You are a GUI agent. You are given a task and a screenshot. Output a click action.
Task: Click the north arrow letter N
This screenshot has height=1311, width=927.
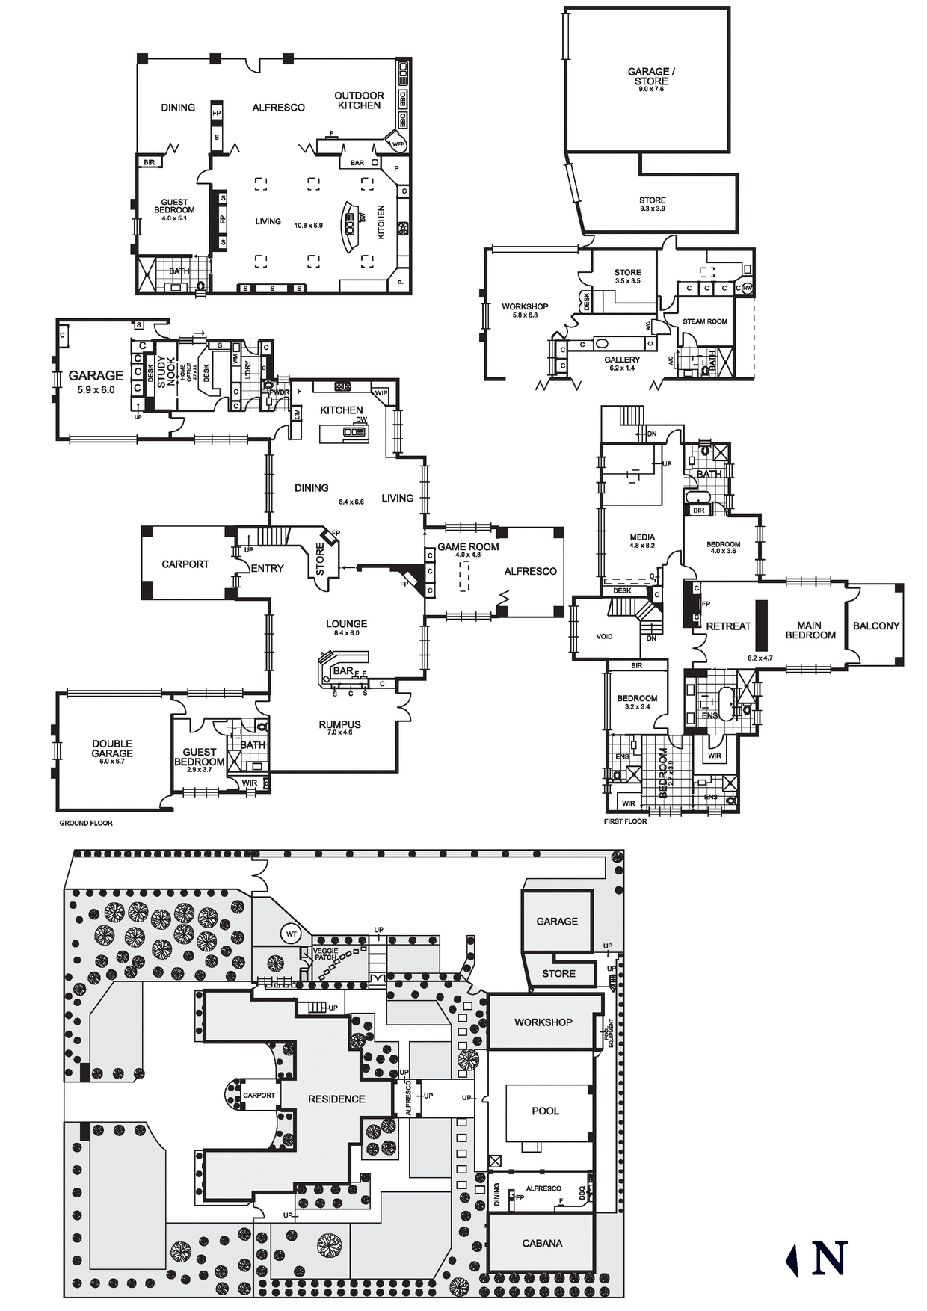click(829, 1258)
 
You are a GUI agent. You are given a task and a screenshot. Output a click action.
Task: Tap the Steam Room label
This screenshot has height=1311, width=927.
click(704, 321)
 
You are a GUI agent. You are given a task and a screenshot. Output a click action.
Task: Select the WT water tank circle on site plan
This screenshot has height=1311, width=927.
click(292, 934)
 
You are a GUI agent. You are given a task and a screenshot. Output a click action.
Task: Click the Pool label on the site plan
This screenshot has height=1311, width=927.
click(545, 1111)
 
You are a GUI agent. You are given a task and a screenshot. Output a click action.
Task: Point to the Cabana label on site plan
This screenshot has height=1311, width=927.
click(542, 1243)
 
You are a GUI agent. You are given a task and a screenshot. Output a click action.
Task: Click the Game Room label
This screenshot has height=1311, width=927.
click(468, 546)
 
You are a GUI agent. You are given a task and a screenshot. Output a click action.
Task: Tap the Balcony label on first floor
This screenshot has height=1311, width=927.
click(875, 626)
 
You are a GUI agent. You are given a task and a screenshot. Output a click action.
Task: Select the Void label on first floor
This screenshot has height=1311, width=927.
click(604, 636)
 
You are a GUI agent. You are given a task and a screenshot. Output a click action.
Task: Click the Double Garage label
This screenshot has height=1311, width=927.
click(112, 748)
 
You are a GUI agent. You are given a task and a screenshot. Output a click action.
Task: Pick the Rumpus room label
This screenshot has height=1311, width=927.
click(339, 724)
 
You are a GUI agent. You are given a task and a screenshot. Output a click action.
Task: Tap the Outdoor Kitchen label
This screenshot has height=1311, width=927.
click(359, 100)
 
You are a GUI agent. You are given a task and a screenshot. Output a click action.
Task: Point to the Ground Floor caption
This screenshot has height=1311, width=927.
click(86, 823)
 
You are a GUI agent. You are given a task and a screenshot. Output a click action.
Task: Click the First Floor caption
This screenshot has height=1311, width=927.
click(625, 821)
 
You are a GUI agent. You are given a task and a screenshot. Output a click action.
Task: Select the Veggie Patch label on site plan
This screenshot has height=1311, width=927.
click(324, 954)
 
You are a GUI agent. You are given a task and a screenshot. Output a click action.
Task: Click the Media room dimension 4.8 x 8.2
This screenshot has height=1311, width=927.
click(642, 546)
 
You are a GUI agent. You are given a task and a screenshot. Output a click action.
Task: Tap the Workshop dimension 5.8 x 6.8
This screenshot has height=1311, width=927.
click(524, 315)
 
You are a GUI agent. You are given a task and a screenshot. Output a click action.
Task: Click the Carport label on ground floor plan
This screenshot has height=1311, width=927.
click(185, 564)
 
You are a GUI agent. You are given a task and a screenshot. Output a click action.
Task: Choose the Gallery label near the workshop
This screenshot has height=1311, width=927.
click(622, 360)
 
